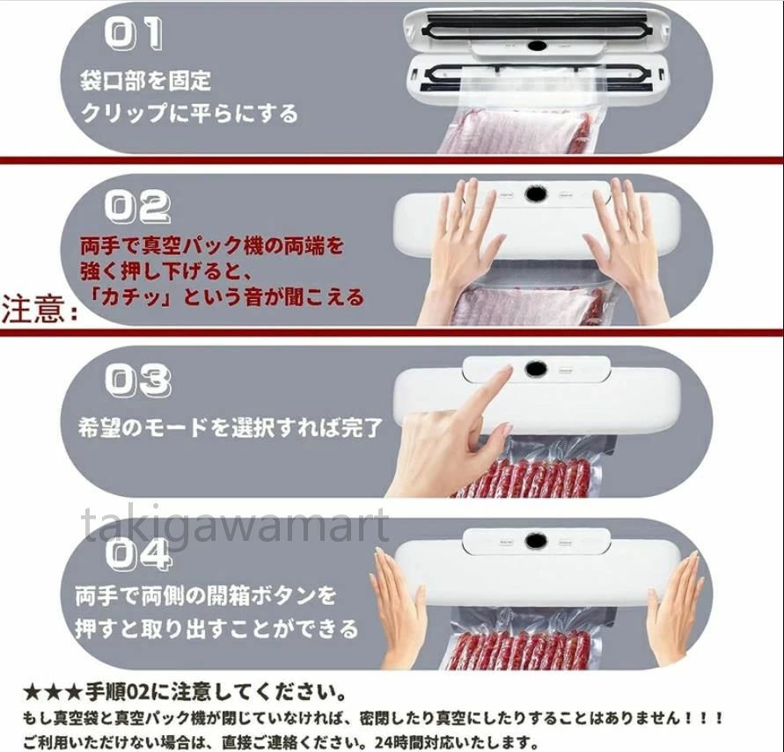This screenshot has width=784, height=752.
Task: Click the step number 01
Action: point(134,33)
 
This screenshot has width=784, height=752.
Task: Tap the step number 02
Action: point(138,207)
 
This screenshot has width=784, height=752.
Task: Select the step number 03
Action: point(138,380)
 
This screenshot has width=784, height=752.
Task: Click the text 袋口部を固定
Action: point(146,80)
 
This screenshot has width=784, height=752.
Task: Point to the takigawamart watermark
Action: point(235,525)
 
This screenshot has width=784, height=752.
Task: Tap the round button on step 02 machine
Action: point(534,195)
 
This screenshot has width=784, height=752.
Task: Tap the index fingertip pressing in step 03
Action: point(508,372)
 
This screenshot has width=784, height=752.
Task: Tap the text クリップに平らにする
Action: point(189,113)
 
